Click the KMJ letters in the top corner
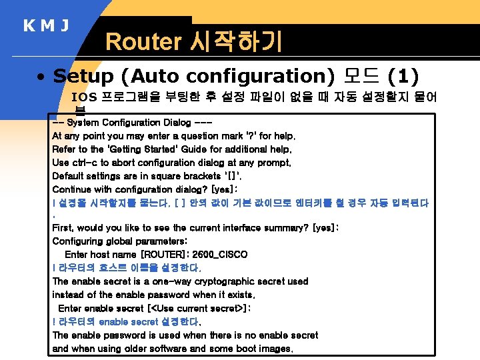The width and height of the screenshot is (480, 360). [46, 27]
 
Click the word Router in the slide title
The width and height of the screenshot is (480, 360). [143, 42]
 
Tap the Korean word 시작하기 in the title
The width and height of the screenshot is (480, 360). [235, 42]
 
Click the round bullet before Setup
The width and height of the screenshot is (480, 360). [41, 77]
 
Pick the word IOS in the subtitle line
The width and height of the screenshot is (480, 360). [84, 97]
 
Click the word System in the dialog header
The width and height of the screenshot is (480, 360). [83, 123]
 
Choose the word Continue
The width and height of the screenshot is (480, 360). [71, 189]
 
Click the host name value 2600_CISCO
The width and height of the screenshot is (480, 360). [219, 255]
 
